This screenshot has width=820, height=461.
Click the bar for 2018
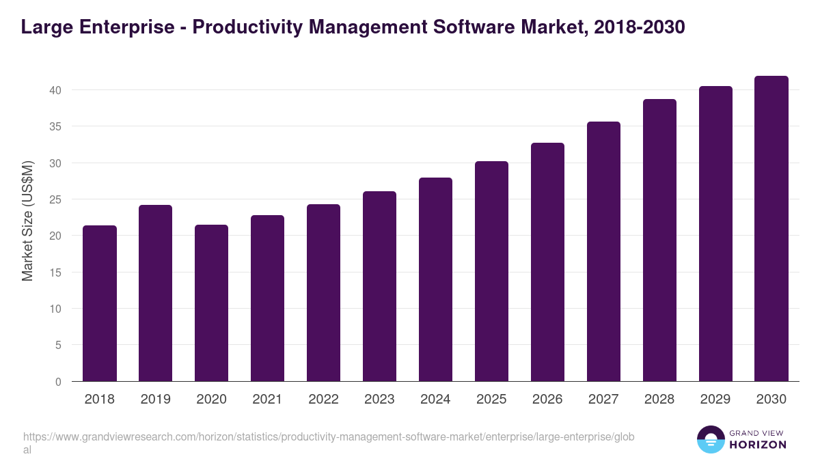[x=100, y=304]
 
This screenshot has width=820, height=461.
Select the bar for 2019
[x=156, y=294]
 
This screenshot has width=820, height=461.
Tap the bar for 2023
[x=379, y=287]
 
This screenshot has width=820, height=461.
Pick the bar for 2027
[x=603, y=252]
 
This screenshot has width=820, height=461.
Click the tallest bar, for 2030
[x=771, y=229]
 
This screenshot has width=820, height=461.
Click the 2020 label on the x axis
[x=212, y=400]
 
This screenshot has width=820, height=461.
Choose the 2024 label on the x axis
[x=435, y=400]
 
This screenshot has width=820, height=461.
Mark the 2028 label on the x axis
[x=659, y=400]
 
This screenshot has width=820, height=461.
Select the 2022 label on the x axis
[x=323, y=400]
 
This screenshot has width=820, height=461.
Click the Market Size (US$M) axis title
[x=27, y=221]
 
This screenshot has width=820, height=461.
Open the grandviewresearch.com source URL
[x=329, y=437]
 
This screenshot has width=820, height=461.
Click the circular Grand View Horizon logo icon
[x=711, y=439]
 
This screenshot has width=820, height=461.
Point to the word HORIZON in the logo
[x=758, y=445]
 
